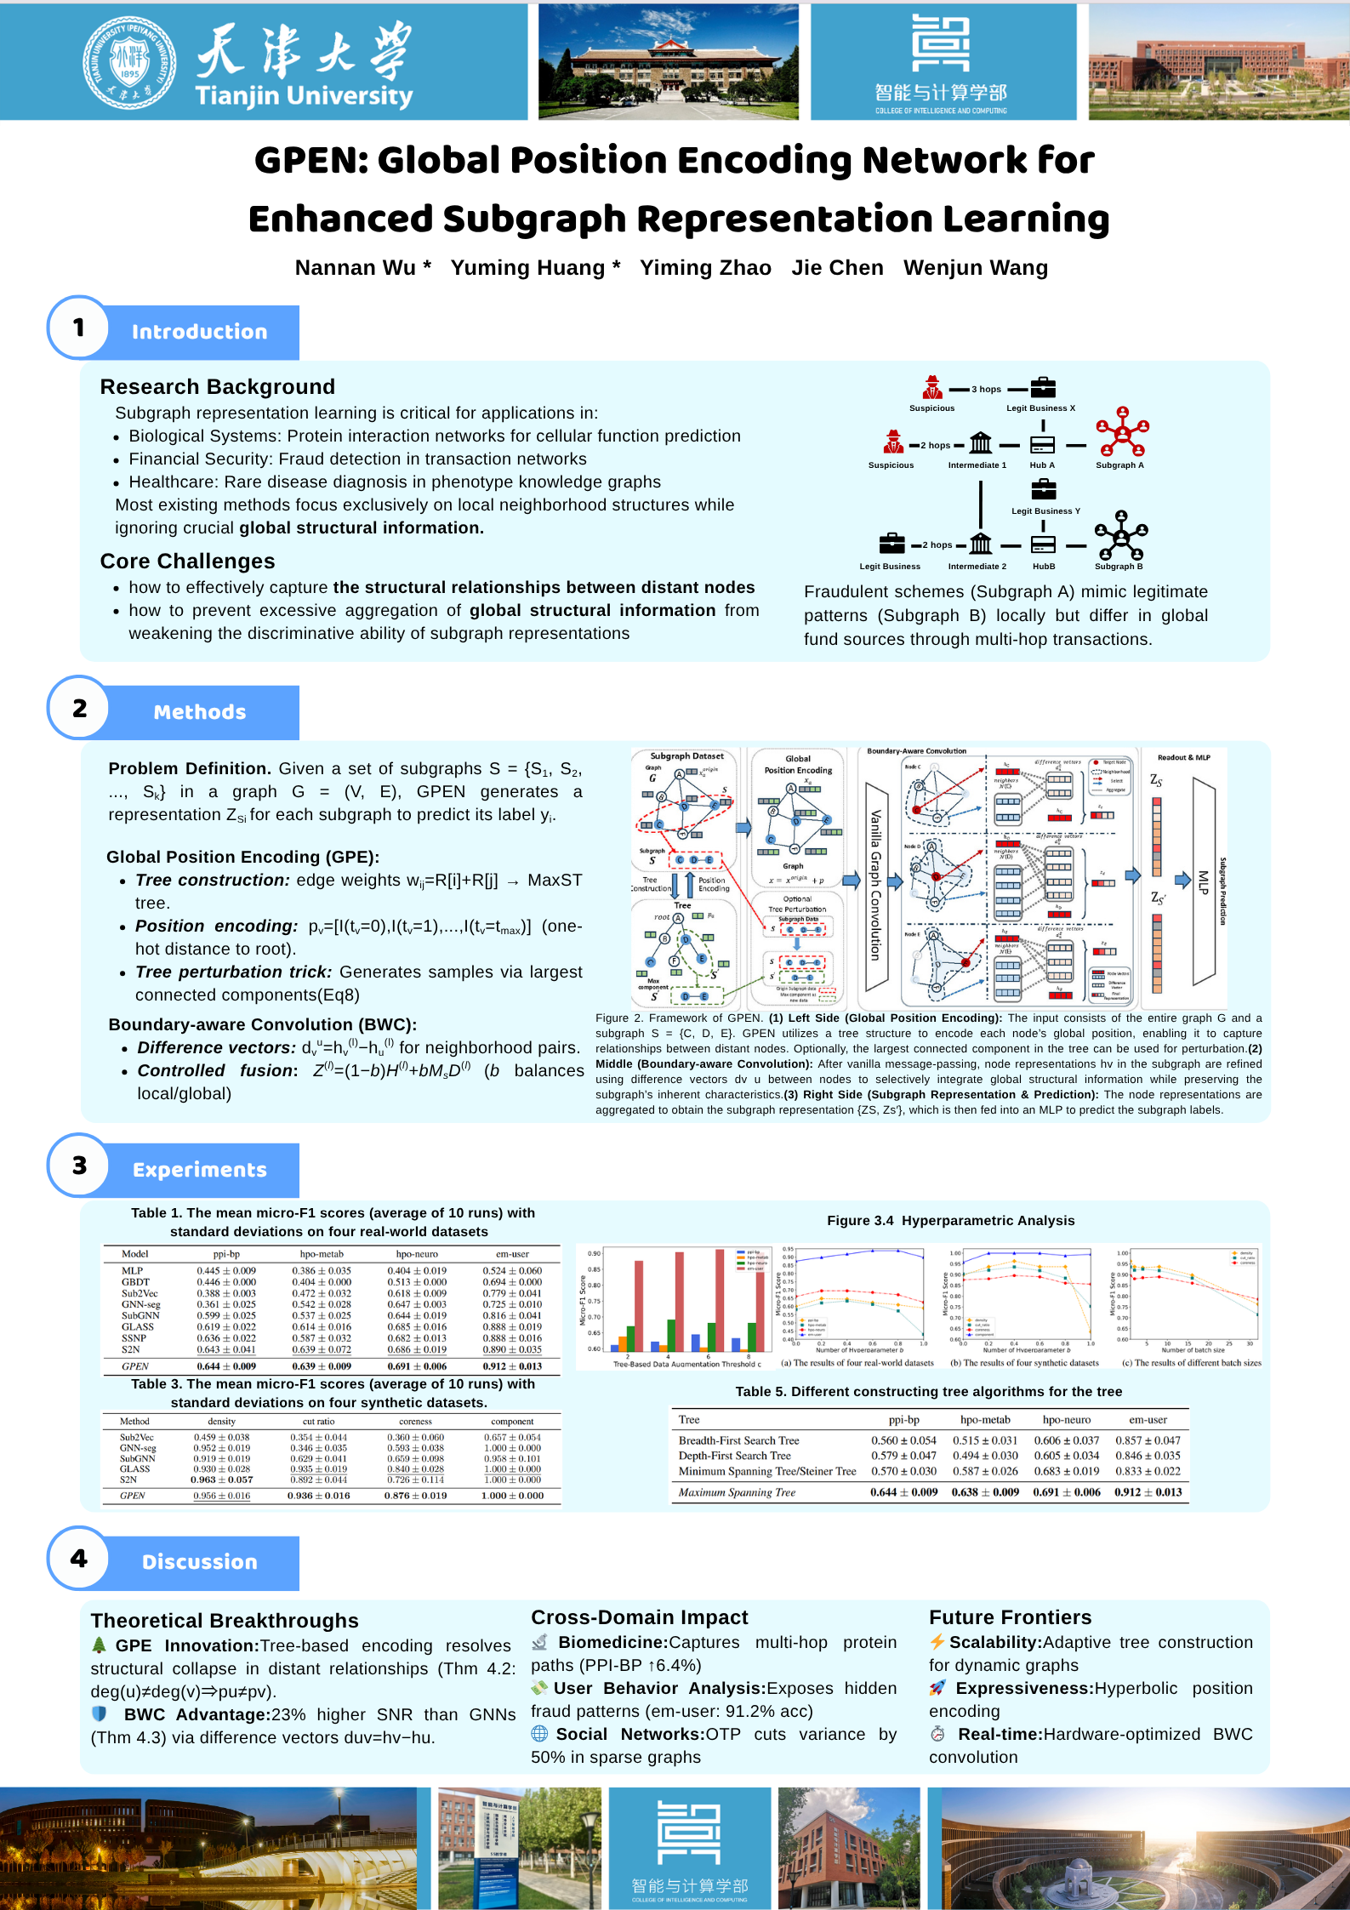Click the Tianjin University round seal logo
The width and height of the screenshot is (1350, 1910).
click(x=129, y=62)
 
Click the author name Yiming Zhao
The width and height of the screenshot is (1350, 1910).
click(x=705, y=268)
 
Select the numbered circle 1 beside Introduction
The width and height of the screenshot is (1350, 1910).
click(x=78, y=328)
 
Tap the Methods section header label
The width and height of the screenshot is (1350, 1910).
click(x=200, y=712)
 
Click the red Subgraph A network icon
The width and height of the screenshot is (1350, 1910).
click(x=1122, y=432)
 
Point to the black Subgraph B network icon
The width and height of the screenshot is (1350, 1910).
click(x=1120, y=535)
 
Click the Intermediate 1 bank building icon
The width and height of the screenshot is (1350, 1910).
click(x=980, y=443)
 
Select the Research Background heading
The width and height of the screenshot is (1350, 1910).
click(x=218, y=387)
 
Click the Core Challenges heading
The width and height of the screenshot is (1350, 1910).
click(x=187, y=562)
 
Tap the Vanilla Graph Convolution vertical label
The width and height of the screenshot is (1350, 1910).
click(x=875, y=885)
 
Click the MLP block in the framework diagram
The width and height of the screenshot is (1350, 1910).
click(x=1203, y=881)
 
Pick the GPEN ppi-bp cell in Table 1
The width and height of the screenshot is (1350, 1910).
click(x=226, y=1366)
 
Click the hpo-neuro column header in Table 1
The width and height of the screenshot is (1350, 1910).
click(x=417, y=1254)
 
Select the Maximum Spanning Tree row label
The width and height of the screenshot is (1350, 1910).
click(x=737, y=1492)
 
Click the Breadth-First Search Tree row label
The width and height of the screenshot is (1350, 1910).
click(x=738, y=1440)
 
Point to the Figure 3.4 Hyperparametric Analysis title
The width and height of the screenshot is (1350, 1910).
click(x=950, y=1221)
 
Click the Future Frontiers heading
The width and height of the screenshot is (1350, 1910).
click(x=1010, y=1617)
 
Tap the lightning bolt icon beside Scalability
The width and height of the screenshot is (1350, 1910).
click(x=937, y=1642)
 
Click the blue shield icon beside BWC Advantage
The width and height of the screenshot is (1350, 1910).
click(x=100, y=1713)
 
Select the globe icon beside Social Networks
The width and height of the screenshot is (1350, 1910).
click(x=539, y=1733)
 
